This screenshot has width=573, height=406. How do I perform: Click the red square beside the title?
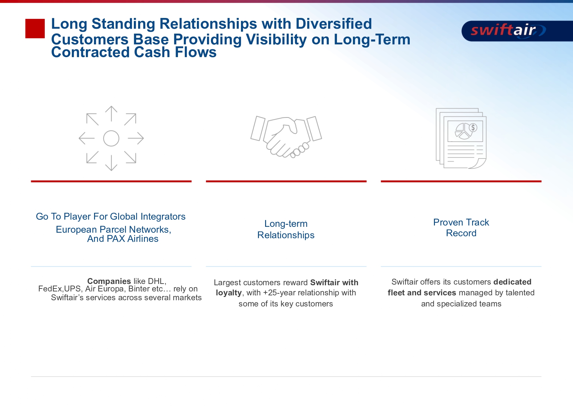35,28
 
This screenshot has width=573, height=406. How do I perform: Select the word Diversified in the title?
334,24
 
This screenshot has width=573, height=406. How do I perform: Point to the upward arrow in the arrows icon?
111,114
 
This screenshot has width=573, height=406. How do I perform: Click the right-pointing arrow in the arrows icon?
136,138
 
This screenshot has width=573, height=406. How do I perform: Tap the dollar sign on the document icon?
473,128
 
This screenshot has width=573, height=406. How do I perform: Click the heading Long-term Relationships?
286,229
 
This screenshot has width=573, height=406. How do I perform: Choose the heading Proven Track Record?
461,228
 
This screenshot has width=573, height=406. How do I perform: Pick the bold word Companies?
109,281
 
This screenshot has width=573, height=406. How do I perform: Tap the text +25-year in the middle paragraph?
279,293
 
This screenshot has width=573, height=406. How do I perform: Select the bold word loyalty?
229,293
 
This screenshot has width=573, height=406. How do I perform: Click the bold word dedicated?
512,282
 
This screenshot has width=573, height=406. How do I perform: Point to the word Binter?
139,289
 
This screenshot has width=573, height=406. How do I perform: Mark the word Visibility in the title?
276,39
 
